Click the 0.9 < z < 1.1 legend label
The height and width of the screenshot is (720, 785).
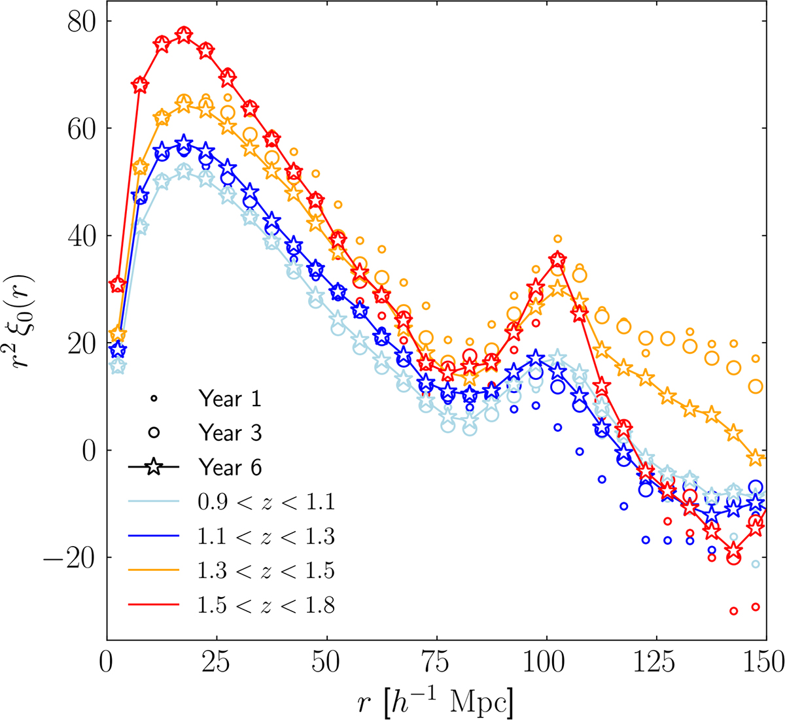(x=266, y=502)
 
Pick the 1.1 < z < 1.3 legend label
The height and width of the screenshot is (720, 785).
(x=266, y=537)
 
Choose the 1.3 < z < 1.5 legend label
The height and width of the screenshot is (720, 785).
(x=266, y=571)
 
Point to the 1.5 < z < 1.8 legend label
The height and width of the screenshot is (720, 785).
(x=266, y=606)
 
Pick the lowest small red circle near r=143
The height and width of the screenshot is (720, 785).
(x=733, y=611)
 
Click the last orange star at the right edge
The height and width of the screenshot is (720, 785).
(x=755, y=458)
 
